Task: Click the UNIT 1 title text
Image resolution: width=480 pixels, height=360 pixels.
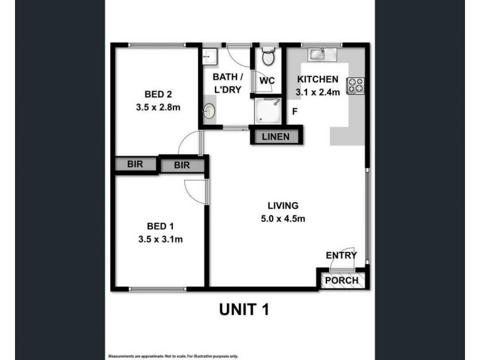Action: [242, 310]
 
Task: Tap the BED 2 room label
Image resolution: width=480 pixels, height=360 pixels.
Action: [158, 94]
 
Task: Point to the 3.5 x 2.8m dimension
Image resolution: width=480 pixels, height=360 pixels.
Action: [158, 108]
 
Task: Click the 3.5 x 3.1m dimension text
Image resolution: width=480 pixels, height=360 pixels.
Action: [160, 239]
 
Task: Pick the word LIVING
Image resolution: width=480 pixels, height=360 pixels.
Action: [284, 205]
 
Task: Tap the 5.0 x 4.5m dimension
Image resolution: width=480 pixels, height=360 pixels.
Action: [284, 218]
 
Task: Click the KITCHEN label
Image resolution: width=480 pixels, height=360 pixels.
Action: [319, 79]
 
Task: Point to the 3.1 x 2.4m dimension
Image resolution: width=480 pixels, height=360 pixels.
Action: [318, 92]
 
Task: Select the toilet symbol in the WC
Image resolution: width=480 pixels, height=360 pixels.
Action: [268, 58]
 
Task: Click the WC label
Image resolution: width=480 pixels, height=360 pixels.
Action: [267, 80]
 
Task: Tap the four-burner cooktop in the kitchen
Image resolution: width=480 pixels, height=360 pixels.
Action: [355, 86]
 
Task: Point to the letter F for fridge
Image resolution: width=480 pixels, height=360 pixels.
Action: [295, 112]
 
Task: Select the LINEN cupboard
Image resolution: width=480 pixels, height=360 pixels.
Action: [276, 137]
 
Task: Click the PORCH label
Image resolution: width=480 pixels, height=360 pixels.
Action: [341, 280]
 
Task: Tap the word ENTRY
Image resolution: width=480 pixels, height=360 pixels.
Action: [341, 256]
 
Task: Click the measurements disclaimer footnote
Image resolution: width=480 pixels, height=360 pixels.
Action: [173, 355]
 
